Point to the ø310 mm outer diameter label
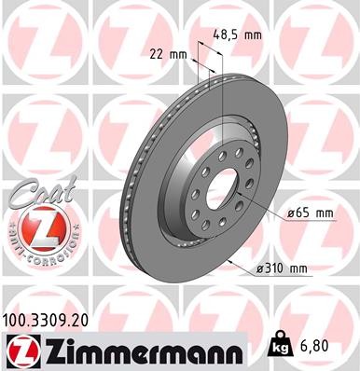(x=281, y=269)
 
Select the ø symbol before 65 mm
(x=290, y=213)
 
